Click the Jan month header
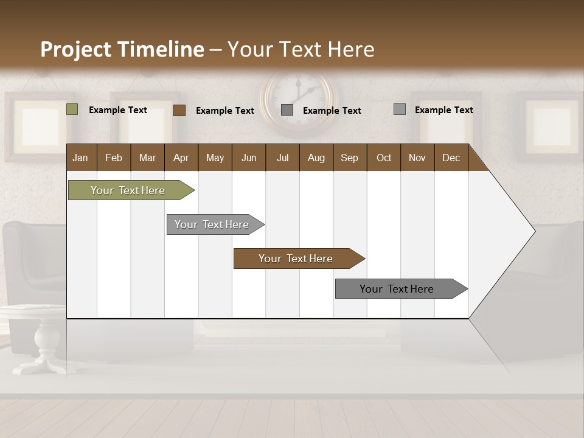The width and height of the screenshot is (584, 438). [x=80, y=158]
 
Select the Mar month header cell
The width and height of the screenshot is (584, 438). [x=147, y=158]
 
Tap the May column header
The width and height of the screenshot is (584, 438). [x=215, y=158]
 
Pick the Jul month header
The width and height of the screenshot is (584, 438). [x=282, y=158]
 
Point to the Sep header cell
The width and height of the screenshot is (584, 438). [x=349, y=158]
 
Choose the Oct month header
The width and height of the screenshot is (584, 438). [x=384, y=158]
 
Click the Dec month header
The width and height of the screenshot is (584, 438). [x=451, y=158]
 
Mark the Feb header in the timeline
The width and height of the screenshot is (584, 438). [x=114, y=158]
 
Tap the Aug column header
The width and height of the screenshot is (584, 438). [x=316, y=158]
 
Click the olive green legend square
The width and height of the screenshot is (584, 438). [x=72, y=109]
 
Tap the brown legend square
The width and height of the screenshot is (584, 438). [x=179, y=110]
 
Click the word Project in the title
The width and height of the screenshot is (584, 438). [x=76, y=49]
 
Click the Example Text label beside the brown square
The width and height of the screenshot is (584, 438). [x=224, y=111]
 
